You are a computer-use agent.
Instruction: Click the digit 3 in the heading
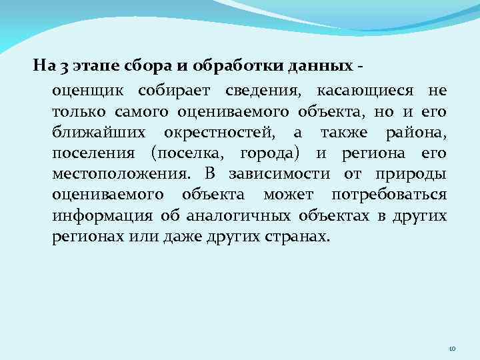tap(61, 67)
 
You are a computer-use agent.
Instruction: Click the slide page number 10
tap(451, 347)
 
